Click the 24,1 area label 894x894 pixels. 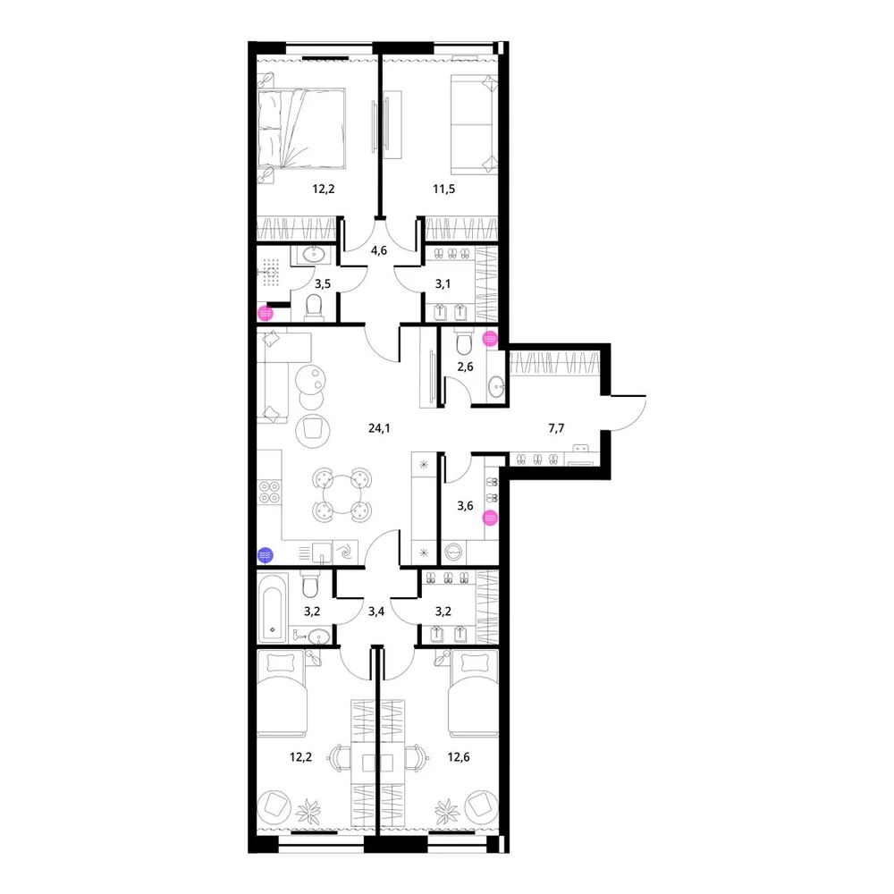pyautogui.click(x=379, y=428)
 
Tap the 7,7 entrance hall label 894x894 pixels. pyautogui.click(x=556, y=428)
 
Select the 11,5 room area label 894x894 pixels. pyautogui.click(x=443, y=190)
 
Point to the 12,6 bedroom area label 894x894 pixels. pyautogui.click(x=459, y=757)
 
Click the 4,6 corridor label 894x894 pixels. pyautogui.click(x=379, y=250)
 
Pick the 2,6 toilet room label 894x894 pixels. pyautogui.click(x=465, y=367)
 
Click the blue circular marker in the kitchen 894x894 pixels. pyautogui.click(x=266, y=555)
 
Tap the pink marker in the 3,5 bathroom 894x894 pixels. pyautogui.click(x=266, y=313)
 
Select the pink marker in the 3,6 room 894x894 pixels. pyautogui.click(x=490, y=519)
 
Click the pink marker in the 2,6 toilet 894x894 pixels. pyautogui.click(x=490, y=339)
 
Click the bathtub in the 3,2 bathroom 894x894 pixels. pyautogui.click(x=273, y=608)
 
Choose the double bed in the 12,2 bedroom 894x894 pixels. pyautogui.click(x=301, y=128)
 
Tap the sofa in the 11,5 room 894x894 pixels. pyautogui.click(x=475, y=124)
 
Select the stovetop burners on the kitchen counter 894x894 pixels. pyautogui.click(x=269, y=492)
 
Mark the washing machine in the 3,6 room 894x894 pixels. pyautogui.click(x=454, y=552)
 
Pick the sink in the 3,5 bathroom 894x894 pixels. pyautogui.click(x=313, y=254)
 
